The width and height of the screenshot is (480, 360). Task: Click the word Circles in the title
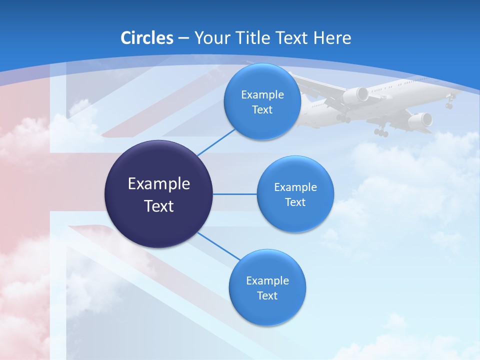(x=147, y=38)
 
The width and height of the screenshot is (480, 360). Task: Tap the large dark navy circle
(x=159, y=194)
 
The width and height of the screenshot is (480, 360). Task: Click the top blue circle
(x=262, y=101)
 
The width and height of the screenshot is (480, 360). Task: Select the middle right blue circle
(x=295, y=194)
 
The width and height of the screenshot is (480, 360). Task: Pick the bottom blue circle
(x=267, y=287)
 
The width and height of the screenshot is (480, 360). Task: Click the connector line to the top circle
(x=216, y=142)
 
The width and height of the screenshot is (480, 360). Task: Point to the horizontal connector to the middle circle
(x=234, y=194)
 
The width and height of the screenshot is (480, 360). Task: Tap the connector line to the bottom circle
(x=218, y=246)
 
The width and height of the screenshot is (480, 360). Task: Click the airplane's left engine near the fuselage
(x=355, y=95)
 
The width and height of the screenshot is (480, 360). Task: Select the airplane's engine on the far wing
(x=420, y=120)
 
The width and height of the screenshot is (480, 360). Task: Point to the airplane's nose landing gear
(x=449, y=104)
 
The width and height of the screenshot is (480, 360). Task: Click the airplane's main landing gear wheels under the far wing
(x=381, y=132)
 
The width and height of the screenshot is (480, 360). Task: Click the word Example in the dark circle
(x=159, y=184)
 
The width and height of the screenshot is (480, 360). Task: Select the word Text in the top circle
(x=262, y=110)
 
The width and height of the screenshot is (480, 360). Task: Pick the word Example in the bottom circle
(x=267, y=280)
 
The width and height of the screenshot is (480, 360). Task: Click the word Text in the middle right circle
(x=295, y=202)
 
